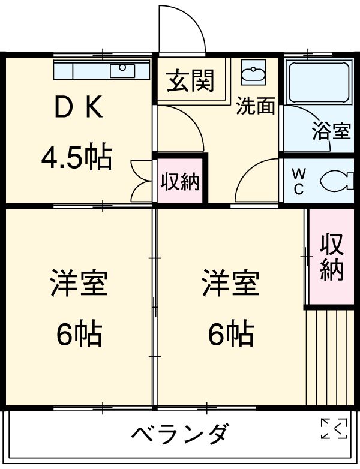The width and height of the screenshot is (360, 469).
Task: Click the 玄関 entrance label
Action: tap(190, 82)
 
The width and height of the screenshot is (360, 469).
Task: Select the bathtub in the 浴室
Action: tap(318, 82)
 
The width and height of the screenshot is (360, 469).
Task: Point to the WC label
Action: tap(298, 182)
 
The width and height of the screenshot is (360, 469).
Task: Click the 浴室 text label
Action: tap(331, 131)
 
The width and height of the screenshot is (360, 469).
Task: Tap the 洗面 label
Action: tap(255, 106)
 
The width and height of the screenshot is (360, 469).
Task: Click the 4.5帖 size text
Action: tap(76, 158)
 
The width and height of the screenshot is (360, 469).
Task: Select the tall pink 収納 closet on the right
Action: tap(331, 257)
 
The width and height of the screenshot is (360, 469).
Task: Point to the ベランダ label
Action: tap(179, 434)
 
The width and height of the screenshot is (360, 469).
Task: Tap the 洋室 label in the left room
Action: tap(79, 283)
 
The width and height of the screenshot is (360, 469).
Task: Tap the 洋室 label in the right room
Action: tap(230, 283)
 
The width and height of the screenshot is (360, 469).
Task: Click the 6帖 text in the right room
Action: tap(230, 334)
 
